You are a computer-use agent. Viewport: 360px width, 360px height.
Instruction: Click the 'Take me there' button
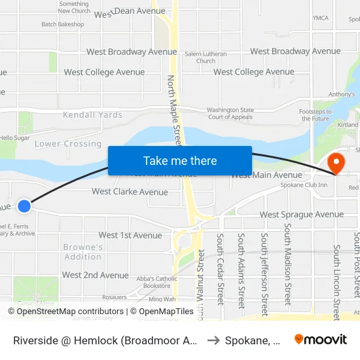pos(180,160)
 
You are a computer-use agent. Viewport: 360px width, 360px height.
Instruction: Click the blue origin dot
pos(24,206)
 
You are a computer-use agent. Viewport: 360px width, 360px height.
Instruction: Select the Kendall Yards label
pos(92,115)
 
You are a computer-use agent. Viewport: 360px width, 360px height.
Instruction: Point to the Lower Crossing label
pos(68,144)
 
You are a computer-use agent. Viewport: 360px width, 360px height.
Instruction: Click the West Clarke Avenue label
pos(130,192)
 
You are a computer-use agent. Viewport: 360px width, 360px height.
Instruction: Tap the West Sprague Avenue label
pos(301,215)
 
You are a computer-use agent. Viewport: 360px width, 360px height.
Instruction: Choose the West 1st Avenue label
pos(130,236)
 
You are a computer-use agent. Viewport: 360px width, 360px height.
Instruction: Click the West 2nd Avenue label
pos(96,276)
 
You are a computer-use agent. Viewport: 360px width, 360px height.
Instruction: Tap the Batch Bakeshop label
pos(63,24)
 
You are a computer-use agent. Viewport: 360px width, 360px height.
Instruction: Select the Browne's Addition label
pos(83,252)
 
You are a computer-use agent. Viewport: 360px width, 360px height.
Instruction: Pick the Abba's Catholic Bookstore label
pos(157,282)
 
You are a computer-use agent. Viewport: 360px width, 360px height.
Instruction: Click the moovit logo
pos(320,339)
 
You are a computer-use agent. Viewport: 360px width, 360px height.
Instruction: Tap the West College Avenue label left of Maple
pos(104,73)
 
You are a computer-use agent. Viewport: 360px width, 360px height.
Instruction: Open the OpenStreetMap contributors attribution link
pos(71,312)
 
